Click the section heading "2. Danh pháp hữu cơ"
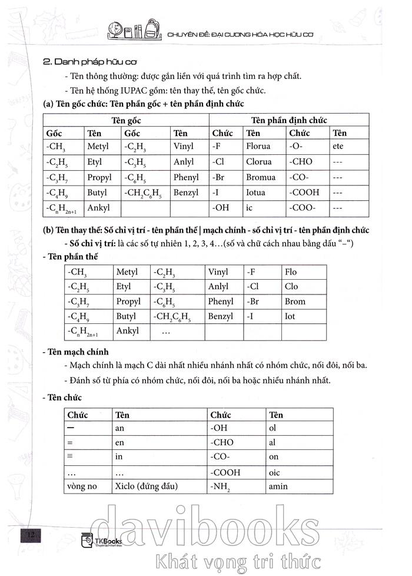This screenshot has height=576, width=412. (x=87, y=61)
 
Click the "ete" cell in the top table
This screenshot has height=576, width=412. (x=337, y=146)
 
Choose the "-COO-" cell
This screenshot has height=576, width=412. (x=303, y=207)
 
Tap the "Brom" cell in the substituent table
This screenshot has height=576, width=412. (x=295, y=301)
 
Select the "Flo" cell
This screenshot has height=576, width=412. (x=291, y=272)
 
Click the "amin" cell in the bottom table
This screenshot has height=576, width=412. (x=278, y=486)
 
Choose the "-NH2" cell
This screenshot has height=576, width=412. (x=221, y=486)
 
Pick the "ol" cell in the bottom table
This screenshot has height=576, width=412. (x=273, y=429)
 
